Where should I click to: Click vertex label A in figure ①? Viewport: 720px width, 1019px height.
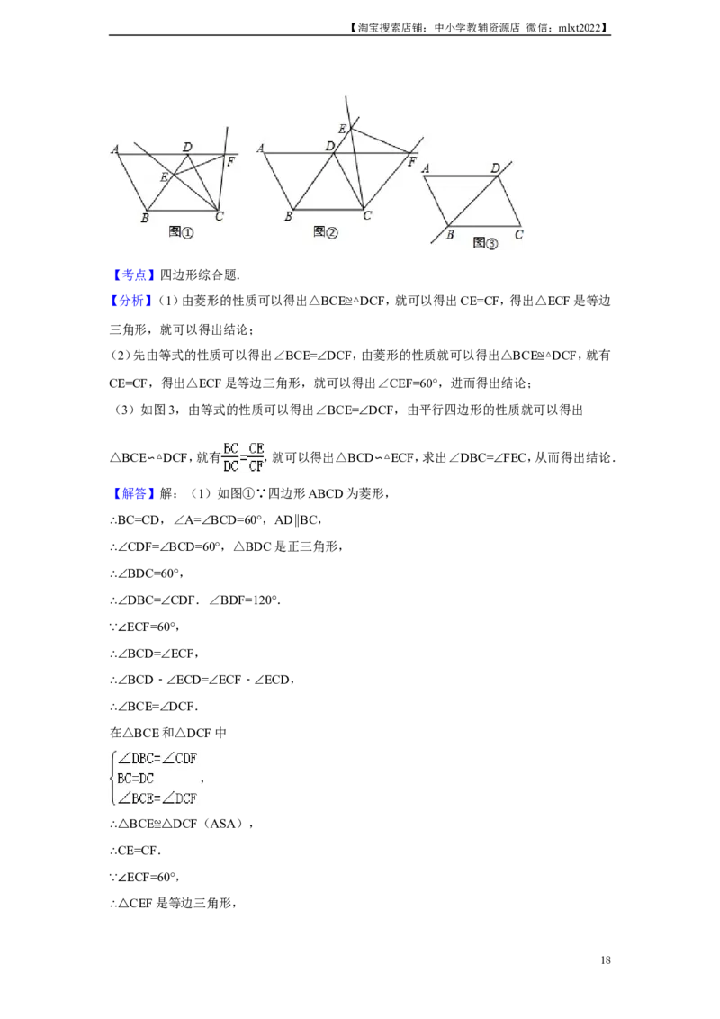[x=116, y=149]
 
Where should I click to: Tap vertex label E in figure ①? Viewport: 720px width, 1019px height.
[x=164, y=177]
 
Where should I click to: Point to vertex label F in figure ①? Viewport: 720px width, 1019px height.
[x=231, y=162]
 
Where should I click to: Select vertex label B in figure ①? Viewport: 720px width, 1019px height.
[x=144, y=218]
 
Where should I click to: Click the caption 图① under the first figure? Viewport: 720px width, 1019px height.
[x=182, y=233]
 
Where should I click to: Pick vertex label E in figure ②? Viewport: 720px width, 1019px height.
[x=342, y=130]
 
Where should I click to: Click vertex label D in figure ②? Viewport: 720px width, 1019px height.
[x=330, y=146]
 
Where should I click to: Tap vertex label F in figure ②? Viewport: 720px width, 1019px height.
[x=411, y=163]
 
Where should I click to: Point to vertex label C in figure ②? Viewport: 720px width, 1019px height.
[x=367, y=216]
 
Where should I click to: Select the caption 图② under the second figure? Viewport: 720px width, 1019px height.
[x=325, y=232]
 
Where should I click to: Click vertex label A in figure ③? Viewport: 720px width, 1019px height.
[x=424, y=168]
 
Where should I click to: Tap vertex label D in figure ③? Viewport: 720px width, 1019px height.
[x=495, y=167]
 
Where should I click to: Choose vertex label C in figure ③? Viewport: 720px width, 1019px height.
[x=519, y=236]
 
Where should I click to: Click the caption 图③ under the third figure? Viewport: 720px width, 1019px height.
[x=485, y=243]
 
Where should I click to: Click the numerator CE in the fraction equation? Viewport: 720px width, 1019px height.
[x=256, y=448]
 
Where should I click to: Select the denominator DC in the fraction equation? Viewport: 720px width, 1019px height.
[x=230, y=466]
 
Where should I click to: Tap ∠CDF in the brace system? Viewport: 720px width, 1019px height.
[x=181, y=758]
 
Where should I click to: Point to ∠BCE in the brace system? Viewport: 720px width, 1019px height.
[x=138, y=798]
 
